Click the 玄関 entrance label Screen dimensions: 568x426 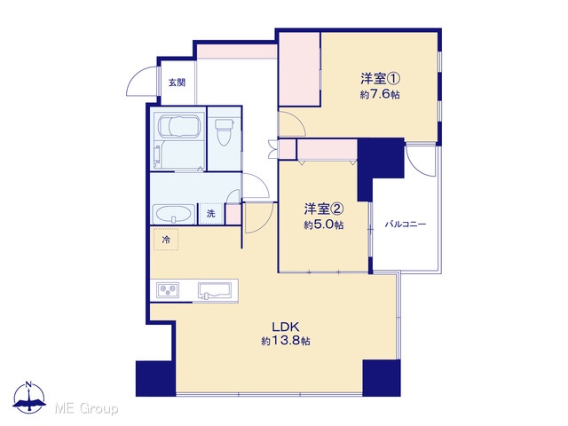pos(177,83)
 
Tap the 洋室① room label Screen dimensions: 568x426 pos(380,78)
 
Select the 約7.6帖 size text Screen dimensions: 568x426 pos(380,95)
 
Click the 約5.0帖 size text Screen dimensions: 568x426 pos(323,225)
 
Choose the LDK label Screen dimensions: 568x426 pos(286,327)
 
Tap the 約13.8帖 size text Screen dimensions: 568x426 pos(286,341)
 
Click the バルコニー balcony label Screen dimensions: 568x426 pos(406,225)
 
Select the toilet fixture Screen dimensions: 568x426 pos(225,132)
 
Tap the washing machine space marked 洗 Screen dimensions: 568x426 pos(211,214)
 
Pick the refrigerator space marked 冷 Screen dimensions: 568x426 pos(166,240)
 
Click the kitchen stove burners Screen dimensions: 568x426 pos(168,290)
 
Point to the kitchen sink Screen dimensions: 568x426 pos(215,290)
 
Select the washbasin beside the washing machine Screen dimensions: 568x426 pos(174,215)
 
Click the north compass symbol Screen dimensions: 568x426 pos(29,398)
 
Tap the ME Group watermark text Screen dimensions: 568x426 pos(86,409)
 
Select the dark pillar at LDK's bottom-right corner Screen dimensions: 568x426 pos(382,378)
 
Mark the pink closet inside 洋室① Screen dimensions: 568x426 pos(299,69)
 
